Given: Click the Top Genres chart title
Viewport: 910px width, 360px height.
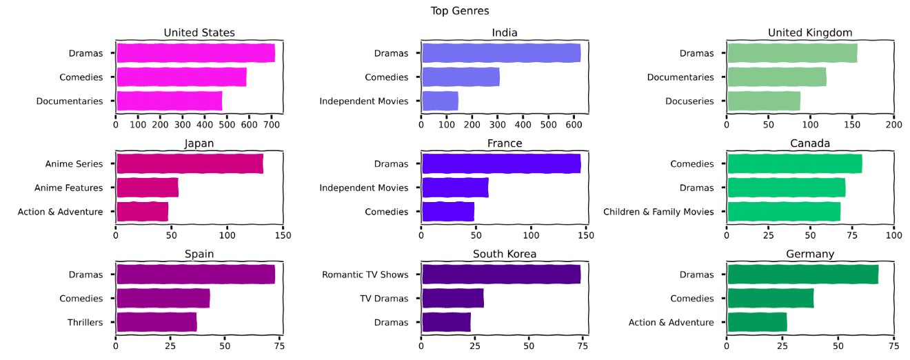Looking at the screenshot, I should click(x=460, y=10).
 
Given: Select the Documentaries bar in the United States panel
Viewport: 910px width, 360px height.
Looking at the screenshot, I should click(x=169, y=101).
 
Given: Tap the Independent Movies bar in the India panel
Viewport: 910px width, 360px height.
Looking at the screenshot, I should click(x=440, y=101).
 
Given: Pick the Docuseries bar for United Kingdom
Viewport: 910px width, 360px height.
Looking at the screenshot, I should click(x=763, y=101).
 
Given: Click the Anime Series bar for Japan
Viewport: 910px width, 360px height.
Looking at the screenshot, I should click(x=190, y=164).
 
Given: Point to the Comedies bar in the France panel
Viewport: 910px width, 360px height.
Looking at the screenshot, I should click(x=448, y=212).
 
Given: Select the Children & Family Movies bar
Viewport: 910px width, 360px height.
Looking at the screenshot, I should click(x=784, y=212).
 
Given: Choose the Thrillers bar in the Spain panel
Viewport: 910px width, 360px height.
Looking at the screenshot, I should click(x=156, y=322).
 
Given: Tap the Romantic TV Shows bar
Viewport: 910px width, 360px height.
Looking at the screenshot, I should click(x=501, y=274).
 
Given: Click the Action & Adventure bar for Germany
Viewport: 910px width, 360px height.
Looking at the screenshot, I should click(x=757, y=322).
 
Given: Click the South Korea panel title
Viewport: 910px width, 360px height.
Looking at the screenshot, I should click(x=505, y=254).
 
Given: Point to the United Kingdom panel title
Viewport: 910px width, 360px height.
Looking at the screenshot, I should click(x=810, y=33).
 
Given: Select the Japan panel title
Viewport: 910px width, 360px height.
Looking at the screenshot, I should click(x=199, y=143).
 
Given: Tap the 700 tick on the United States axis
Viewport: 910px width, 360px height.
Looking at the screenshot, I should click(x=272, y=125).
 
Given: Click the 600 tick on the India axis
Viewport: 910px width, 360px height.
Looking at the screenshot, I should click(x=574, y=125).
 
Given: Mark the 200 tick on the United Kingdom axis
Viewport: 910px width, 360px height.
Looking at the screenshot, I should click(x=893, y=125).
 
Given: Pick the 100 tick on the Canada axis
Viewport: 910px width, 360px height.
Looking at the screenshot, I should click(x=893, y=235).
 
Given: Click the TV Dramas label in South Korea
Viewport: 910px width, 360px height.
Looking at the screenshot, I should click(x=384, y=299).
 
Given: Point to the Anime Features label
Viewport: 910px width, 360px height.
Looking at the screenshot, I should click(x=68, y=188).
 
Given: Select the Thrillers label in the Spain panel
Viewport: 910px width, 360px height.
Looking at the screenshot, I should click(x=85, y=322).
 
